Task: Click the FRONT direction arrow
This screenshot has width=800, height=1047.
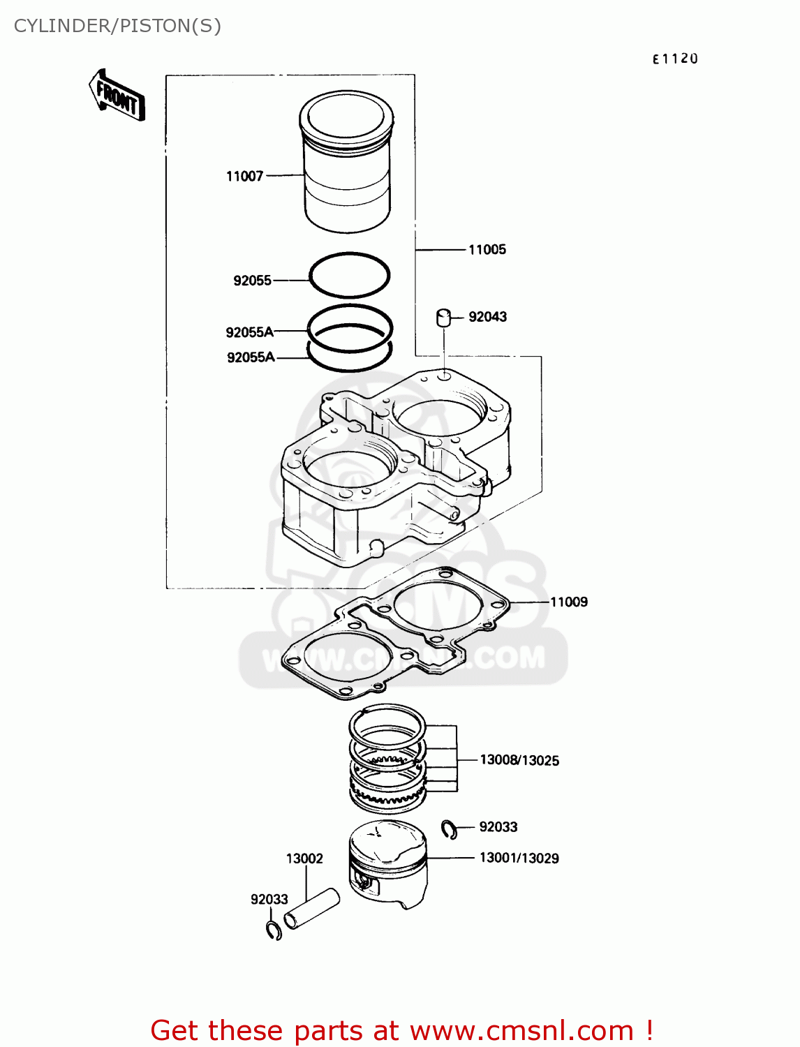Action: pyautogui.click(x=117, y=96)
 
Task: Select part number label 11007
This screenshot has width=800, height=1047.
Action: pyautogui.click(x=244, y=177)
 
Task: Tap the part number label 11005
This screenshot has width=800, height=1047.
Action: pyautogui.click(x=487, y=250)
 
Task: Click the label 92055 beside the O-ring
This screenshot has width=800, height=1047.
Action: pyautogui.click(x=252, y=281)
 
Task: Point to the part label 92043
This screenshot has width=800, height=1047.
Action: pyautogui.click(x=487, y=317)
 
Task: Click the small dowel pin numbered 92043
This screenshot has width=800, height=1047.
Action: pyautogui.click(x=443, y=318)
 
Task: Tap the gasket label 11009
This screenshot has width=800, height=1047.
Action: pyautogui.click(x=568, y=602)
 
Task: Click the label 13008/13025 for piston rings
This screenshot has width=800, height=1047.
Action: pyautogui.click(x=519, y=760)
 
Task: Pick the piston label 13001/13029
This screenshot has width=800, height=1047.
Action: pyautogui.click(x=519, y=858)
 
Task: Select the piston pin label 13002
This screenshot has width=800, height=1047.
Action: pyautogui.click(x=304, y=859)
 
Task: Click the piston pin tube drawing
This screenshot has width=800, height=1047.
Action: pyautogui.click(x=312, y=909)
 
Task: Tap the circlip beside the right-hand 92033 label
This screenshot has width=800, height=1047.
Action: pyautogui.click(x=450, y=829)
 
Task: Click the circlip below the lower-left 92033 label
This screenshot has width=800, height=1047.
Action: pyautogui.click(x=274, y=930)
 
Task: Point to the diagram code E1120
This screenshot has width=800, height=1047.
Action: pyautogui.click(x=674, y=59)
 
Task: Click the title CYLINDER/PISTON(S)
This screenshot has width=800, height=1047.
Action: pyautogui.click(x=117, y=26)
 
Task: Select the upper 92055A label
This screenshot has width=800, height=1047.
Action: pyautogui.click(x=249, y=332)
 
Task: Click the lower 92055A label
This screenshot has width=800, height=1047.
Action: pyautogui.click(x=251, y=357)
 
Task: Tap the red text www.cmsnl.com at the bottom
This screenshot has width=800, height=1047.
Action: pyautogui.click(x=521, y=1031)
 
